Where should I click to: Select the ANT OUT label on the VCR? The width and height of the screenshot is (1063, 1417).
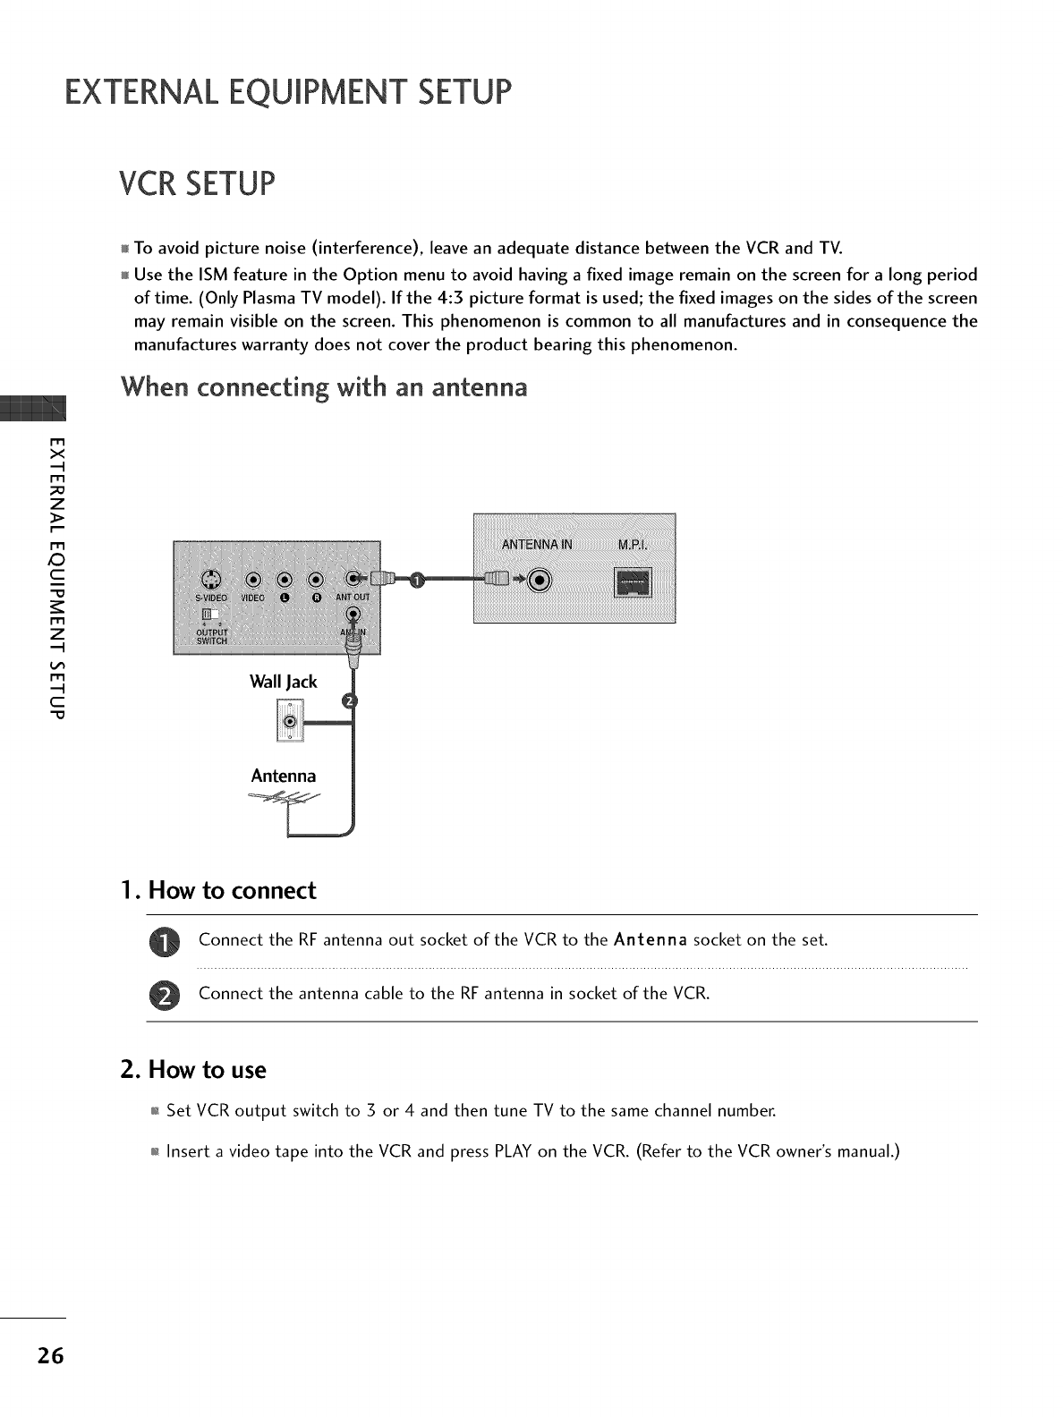pos(352,598)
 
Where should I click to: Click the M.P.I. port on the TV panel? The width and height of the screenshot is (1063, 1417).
pos(632,582)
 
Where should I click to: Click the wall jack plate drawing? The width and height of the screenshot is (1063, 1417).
pos(288,721)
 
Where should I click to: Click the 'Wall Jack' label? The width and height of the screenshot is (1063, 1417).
pos(284,682)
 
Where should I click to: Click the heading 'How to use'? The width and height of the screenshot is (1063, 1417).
pos(207,1070)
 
